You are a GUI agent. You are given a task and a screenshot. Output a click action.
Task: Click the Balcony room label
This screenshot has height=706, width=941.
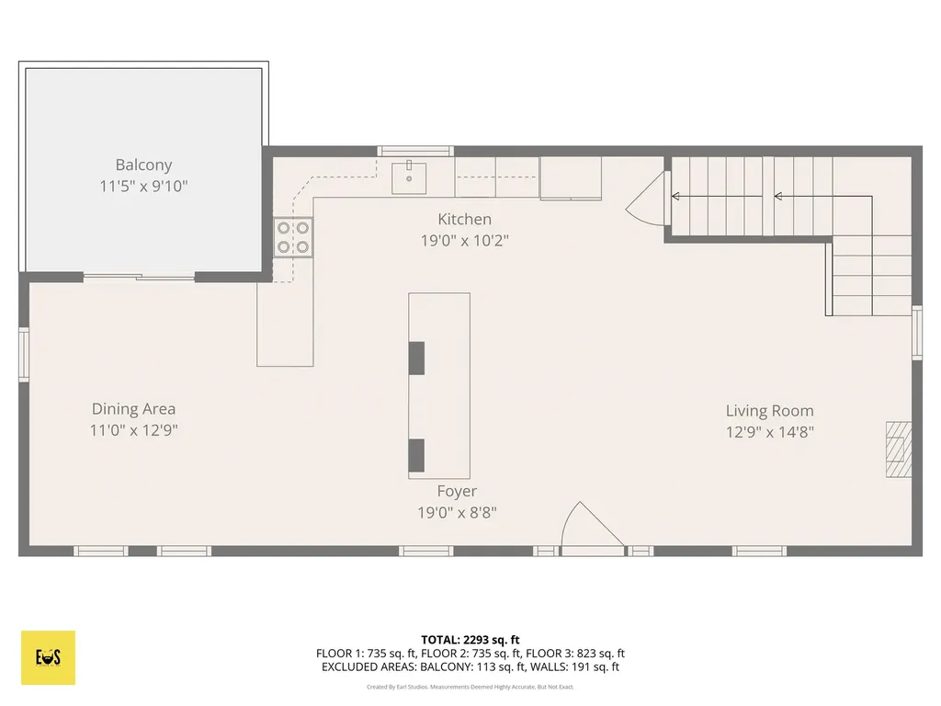[x=143, y=165]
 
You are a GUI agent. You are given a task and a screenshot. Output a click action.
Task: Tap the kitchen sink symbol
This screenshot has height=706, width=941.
[x=408, y=176]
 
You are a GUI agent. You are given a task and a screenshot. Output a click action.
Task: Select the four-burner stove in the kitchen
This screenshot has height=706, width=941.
[x=292, y=236]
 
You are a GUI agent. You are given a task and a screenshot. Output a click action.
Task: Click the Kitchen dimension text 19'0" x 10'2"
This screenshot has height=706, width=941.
[x=464, y=240]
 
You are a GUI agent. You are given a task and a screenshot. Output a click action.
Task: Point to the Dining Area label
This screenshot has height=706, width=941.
[x=133, y=409]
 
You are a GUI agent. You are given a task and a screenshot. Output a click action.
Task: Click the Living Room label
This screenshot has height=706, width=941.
[x=769, y=411]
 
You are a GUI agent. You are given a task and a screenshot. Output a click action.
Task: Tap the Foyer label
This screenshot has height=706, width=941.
[x=457, y=492]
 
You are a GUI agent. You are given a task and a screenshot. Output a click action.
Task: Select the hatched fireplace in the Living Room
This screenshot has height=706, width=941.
[x=899, y=450]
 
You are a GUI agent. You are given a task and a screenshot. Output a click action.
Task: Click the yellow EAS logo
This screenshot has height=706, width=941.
[x=48, y=657]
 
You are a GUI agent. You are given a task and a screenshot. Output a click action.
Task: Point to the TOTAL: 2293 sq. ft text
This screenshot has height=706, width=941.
[x=470, y=639]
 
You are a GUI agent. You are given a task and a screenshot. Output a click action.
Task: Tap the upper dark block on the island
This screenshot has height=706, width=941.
[x=416, y=358]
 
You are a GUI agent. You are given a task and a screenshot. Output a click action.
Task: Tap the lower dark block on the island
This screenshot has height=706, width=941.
[x=416, y=456]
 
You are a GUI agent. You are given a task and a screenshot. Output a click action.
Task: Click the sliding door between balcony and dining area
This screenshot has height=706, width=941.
[x=140, y=276]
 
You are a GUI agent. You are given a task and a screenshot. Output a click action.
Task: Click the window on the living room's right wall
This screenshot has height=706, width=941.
[x=916, y=332]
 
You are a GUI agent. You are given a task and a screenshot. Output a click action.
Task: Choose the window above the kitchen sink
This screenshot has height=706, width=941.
[x=415, y=151]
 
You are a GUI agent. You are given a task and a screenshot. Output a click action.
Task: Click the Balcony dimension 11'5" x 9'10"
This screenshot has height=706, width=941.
[x=143, y=186]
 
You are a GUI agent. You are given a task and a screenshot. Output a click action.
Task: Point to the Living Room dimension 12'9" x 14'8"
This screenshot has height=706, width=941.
[x=769, y=431]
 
